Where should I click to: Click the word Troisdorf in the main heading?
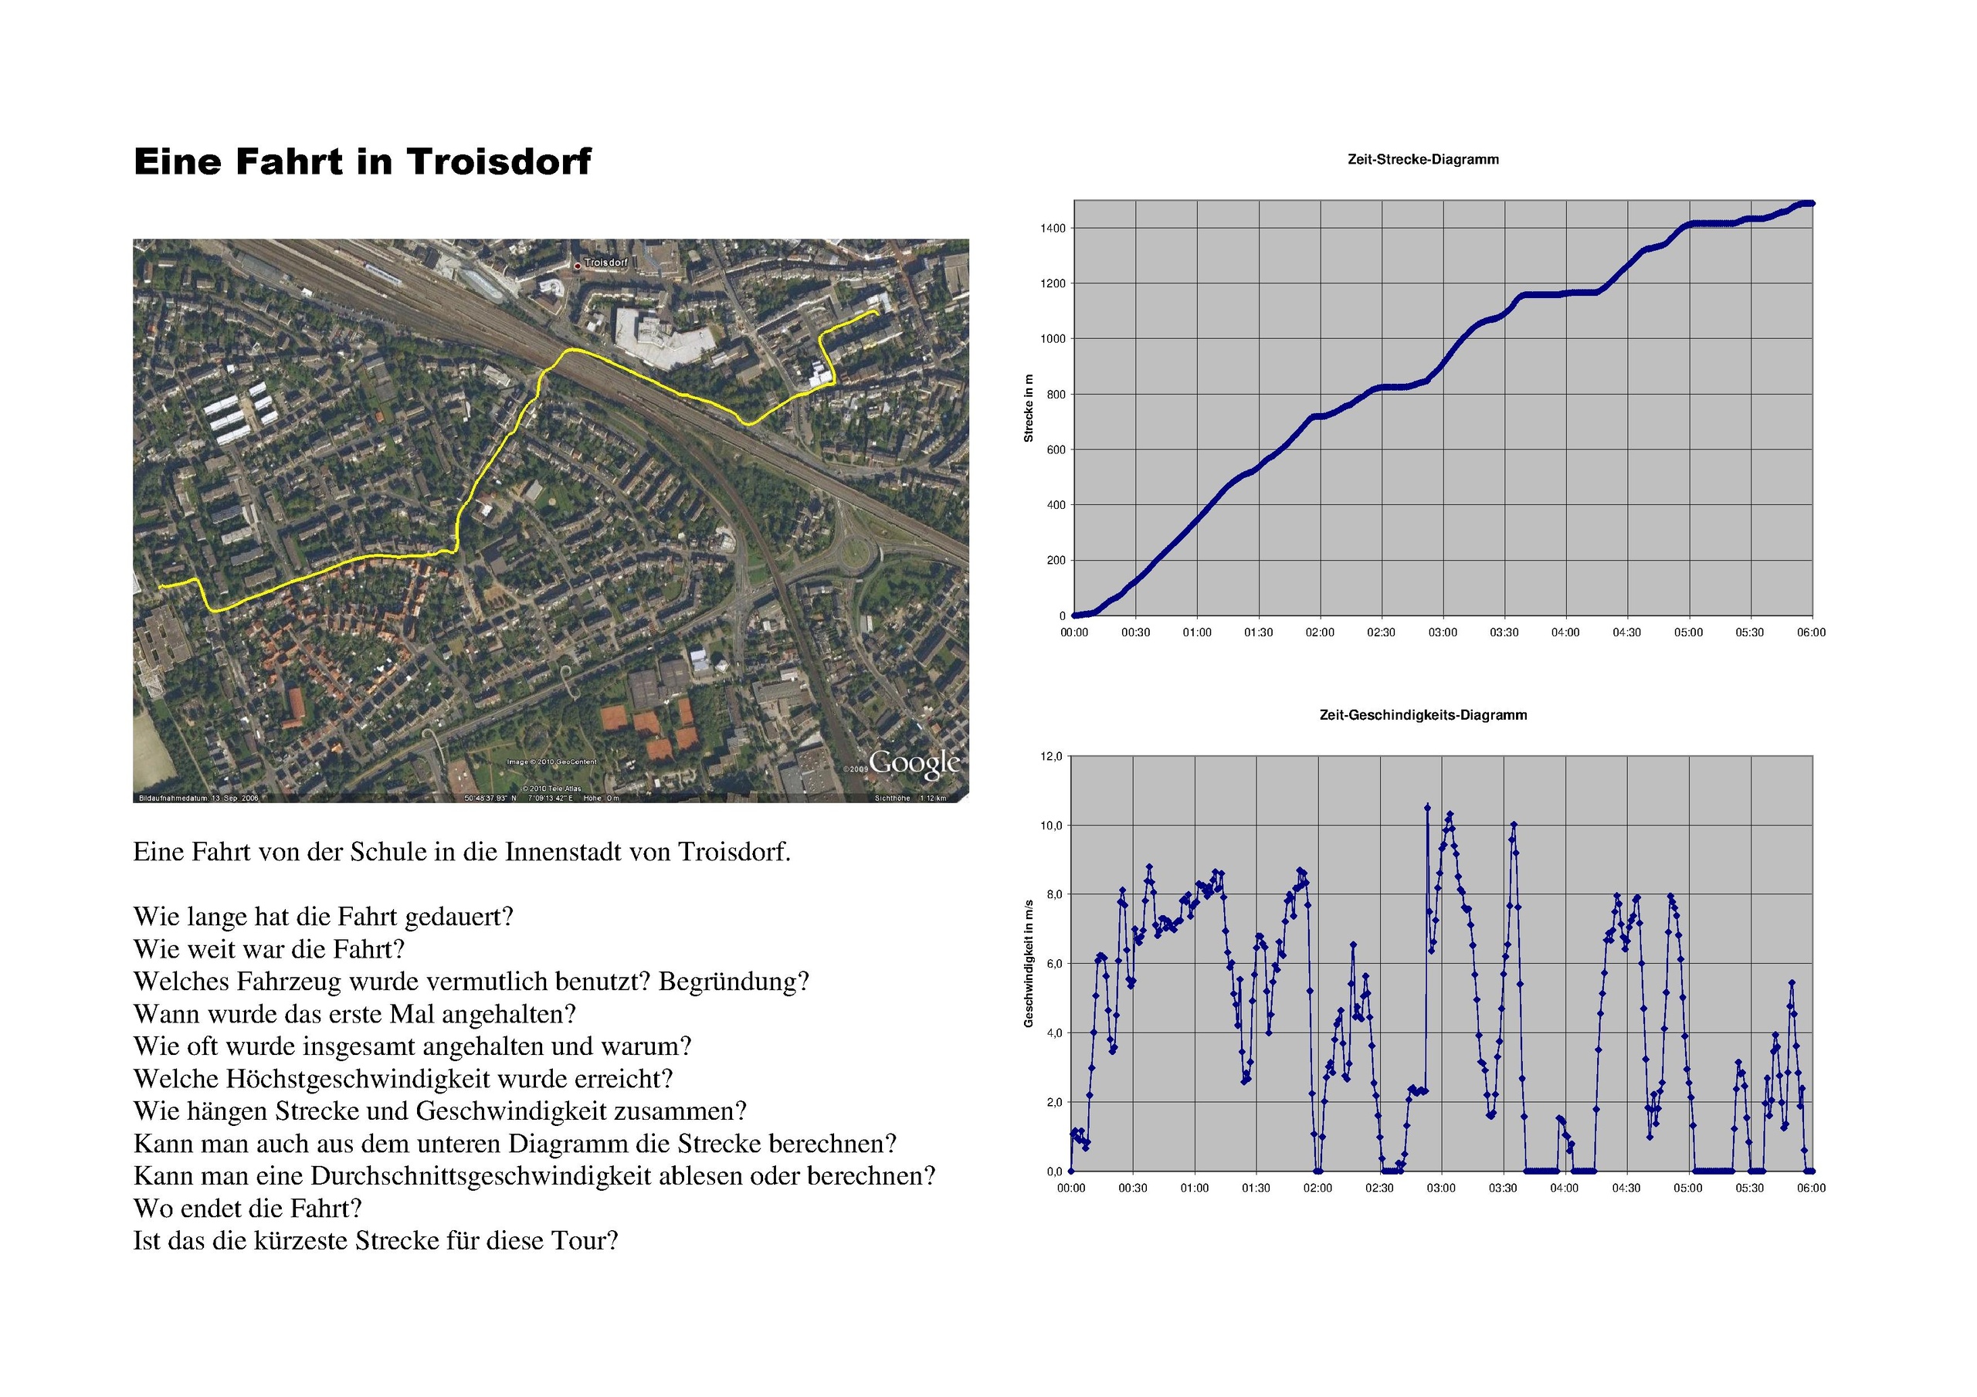tap(499, 162)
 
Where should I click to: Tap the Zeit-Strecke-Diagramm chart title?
tap(1423, 159)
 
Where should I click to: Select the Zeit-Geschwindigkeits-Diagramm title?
tap(1423, 715)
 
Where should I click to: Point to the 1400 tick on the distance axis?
tap(1053, 229)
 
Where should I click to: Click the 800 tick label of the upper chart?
tap(1055, 395)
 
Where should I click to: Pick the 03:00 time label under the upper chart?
tap(1443, 632)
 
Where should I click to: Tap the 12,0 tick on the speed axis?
tap(1051, 756)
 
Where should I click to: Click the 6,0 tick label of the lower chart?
tap(1054, 964)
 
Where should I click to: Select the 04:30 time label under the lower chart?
tap(1626, 1188)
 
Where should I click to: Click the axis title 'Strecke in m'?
tap(1028, 409)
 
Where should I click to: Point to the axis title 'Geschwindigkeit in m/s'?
tap(1028, 963)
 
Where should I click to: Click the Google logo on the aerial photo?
tap(914, 763)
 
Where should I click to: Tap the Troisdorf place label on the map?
tap(606, 262)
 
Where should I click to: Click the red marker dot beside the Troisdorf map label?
tap(577, 266)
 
